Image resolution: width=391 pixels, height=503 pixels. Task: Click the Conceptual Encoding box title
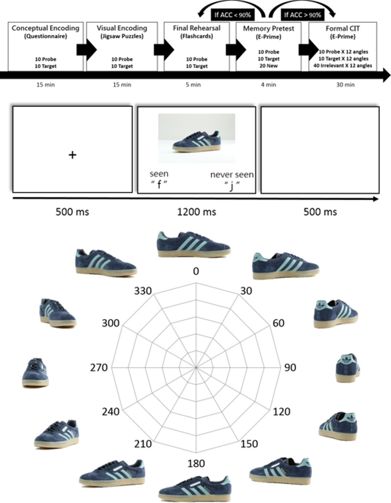tap(40, 28)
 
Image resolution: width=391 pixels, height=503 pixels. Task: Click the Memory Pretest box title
tap(269, 28)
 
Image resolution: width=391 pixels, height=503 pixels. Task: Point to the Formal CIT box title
tap(346, 28)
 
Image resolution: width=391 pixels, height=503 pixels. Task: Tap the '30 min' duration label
tap(346, 85)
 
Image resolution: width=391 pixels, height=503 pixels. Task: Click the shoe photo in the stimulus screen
tap(197, 134)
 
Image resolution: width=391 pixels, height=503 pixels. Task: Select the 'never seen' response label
tap(232, 175)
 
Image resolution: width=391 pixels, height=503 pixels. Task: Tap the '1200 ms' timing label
tap(197, 212)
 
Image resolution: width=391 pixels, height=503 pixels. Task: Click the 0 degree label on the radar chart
tap(196, 271)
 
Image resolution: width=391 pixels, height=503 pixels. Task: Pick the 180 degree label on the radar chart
tap(196, 464)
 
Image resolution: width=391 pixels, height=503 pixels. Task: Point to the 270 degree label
tap(99, 368)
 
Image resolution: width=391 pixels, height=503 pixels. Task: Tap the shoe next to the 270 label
tap(35, 372)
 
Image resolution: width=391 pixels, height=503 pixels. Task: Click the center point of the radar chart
tap(196, 368)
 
